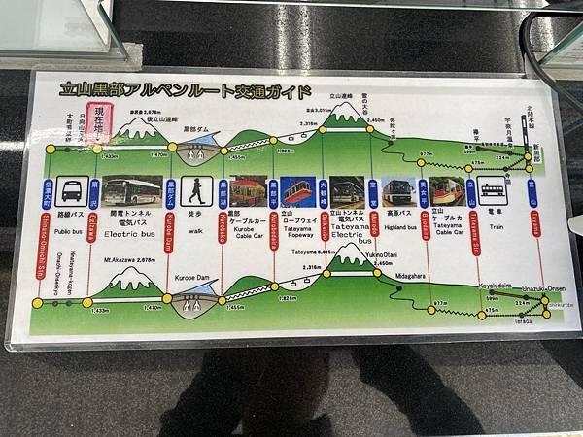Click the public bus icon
click(70, 190)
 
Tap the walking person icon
click(197, 190)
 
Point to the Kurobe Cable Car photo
click(249, 190)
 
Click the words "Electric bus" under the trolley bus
click(123, 233)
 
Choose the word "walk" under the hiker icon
click(196, 231)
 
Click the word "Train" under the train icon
click(494, 231)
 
